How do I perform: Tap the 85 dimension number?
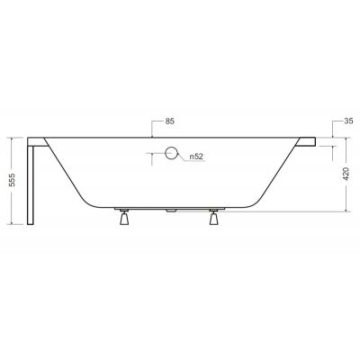[170, 121]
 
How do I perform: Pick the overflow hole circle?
[170, 154]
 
